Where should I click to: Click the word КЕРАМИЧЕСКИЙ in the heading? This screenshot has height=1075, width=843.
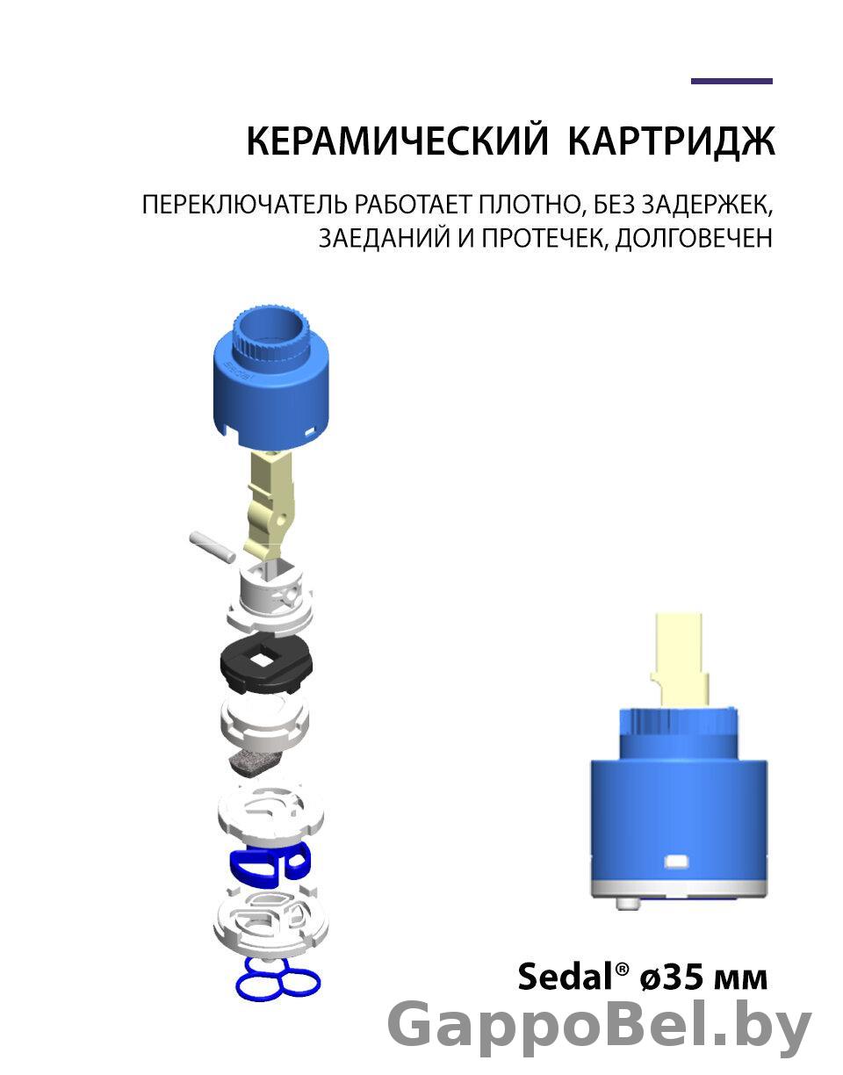coord(398,141)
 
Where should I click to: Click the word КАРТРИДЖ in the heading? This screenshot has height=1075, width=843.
coord(672,142)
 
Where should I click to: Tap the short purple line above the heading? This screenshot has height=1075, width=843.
coord(731,81)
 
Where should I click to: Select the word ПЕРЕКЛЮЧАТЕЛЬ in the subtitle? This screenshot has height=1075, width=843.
coord(245,205)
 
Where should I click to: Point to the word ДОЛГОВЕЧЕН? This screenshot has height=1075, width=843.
coord(694,238)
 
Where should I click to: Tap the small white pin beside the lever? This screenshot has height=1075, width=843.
coord(212,546)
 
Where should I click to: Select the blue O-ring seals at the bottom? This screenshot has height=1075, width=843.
coord(277,987)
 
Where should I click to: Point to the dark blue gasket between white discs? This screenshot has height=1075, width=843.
coord(270,870)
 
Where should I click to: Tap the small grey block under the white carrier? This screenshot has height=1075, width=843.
coord(254,768)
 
